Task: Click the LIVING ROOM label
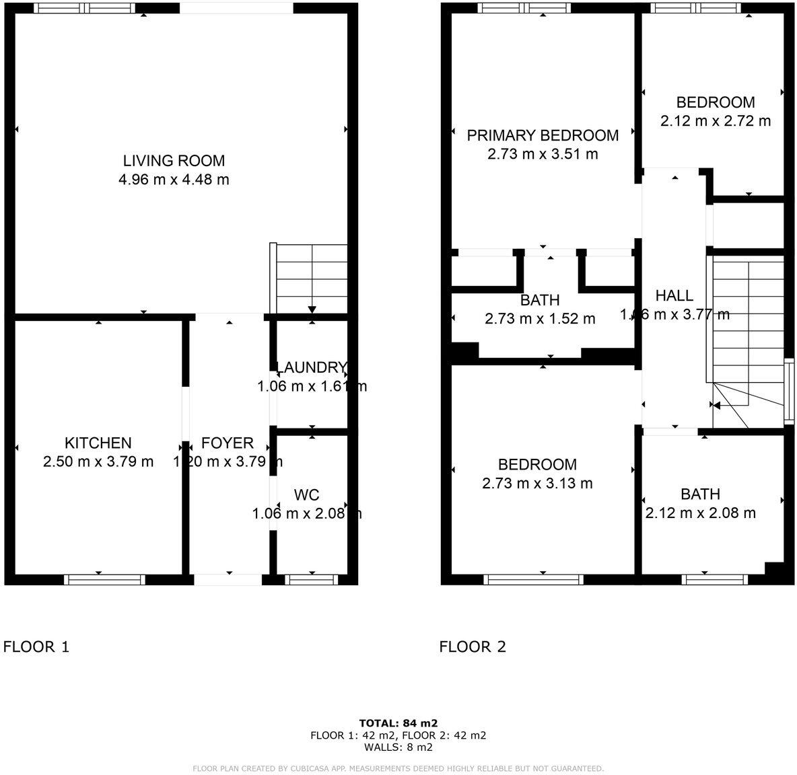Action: (174, 161)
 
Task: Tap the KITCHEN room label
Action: (98, 443)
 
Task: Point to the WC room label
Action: (306, 495)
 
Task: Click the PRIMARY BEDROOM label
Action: (543, 135)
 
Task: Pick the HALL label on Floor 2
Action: (674, 295)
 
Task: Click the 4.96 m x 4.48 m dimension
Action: (174, 180)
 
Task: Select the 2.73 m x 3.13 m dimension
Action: (537, 483)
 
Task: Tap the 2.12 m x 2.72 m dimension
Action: (716, 121)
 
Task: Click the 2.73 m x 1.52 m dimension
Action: (540, 319)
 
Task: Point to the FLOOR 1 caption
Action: (36, 647)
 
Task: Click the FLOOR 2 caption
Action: (473, 647)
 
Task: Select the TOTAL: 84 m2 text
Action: (398, 723)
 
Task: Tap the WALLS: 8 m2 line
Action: (398, 747)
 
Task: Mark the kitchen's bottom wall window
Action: (105, 579)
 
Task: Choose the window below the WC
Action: (312, 579)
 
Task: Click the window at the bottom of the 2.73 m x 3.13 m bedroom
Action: (534, 579)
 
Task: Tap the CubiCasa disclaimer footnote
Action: (398, 768)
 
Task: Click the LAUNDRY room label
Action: (312, 367)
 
